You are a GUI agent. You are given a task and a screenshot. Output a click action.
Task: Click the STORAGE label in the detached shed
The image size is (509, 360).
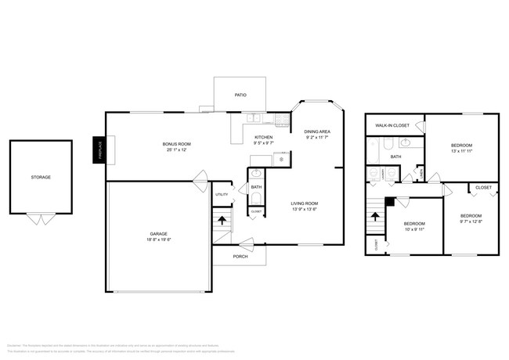point(41,178)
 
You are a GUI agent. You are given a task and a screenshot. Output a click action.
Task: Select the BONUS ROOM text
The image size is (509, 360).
point(176,144)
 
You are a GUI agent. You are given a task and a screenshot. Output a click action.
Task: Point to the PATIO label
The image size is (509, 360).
point(240,95)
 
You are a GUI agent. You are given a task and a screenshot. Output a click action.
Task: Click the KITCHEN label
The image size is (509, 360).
point(262,137)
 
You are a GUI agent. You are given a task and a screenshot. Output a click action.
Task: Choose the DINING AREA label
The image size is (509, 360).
point(316,131)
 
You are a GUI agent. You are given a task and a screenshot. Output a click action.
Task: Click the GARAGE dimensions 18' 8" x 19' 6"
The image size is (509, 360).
point(160,240)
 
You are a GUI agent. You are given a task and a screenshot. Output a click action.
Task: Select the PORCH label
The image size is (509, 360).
point(240,255)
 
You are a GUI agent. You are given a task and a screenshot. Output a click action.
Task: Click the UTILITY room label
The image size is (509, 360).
point(222,194)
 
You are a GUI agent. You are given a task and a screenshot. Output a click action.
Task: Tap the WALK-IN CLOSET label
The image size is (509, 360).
point(392,125)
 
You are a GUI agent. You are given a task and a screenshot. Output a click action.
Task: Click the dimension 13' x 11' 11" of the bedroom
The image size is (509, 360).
point(461,151)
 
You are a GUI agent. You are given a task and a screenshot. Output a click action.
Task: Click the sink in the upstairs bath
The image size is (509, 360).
point(406,143)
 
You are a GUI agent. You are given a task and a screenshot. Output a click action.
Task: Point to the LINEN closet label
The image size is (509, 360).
point(422,171)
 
